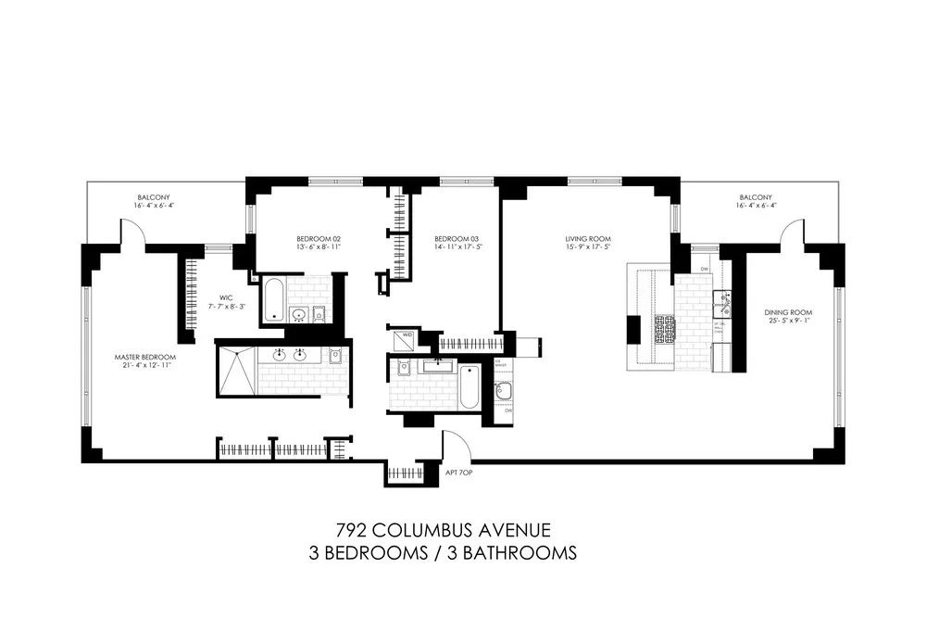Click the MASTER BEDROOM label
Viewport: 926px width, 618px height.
pos(144,357)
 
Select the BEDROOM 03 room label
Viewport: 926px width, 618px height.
pos(455,239)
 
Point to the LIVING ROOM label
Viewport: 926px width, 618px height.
pos(588,239)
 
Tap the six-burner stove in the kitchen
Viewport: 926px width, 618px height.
pos(665,327)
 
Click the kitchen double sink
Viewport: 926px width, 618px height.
pos(723,304)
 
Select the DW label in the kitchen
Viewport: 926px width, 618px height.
pos(705,270)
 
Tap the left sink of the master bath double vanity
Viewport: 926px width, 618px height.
pos(280,354)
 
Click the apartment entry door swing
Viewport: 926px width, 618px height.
pos(457,447)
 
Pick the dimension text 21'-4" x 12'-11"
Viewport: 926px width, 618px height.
pos(144,366)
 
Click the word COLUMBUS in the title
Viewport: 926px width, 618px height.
pos(443,531)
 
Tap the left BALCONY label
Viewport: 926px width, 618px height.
pos(153,197)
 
